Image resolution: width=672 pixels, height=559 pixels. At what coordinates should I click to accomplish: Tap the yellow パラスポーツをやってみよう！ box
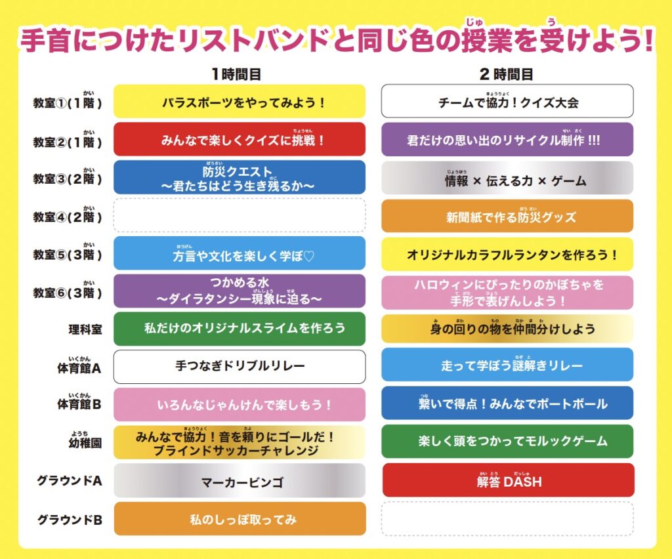click(240, 102)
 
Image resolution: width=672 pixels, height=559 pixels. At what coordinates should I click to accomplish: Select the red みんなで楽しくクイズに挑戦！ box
click(240, 139)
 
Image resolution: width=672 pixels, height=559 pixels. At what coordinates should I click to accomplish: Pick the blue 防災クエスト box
click(240, 177)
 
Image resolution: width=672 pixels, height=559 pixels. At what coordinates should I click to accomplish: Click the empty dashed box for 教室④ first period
click(240, 215)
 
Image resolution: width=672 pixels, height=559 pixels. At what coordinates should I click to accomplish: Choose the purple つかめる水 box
click(240, 291)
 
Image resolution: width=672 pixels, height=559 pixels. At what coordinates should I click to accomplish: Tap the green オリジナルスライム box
click(240, 328)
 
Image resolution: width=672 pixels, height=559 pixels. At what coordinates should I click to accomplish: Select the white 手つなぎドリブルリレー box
click(240, 366)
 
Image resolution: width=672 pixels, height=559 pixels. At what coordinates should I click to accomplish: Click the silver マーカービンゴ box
click(240, 480)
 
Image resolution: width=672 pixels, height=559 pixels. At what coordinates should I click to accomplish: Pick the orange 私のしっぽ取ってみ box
click(240, 518)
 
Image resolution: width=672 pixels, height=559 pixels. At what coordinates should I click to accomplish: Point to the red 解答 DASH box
click(508, 480)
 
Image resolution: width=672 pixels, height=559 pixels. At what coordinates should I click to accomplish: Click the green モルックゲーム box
click(507, 442)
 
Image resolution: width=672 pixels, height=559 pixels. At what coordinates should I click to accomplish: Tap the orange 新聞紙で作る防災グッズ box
click(507, 217)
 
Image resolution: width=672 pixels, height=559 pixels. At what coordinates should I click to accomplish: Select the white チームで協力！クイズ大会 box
click(507, 102)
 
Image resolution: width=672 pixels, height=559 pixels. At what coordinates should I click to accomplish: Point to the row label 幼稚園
click(81, 444)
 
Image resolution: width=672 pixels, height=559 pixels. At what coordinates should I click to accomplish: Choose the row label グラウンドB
click(70, 520)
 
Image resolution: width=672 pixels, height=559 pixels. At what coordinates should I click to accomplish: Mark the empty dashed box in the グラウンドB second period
click(507, 518)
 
